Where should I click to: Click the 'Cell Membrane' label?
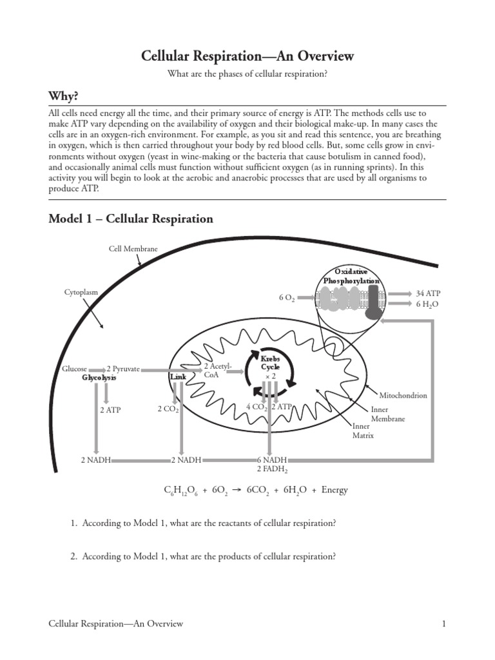[133, 249]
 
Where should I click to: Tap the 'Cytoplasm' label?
[81, 292]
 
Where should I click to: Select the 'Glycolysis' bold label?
[99, 378]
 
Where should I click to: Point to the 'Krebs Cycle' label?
[270, 363]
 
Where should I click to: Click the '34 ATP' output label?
[428, 293]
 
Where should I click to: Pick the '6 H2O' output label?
[427, 304]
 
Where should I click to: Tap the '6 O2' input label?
[287, 298]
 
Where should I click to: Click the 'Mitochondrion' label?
[403, 395]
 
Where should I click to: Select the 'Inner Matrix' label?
[363, 431]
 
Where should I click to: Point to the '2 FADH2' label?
[273, 469]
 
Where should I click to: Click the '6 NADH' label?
[272, 460]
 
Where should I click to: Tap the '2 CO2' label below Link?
[168, 409]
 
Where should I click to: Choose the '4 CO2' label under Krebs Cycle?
[257, 407]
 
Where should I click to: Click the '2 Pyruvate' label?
[123, 369]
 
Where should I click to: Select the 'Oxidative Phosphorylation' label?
[351, 276]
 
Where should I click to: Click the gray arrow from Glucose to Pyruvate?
[97, 370]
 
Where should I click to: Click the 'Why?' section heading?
[63, 97]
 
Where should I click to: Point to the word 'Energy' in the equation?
[335, 490]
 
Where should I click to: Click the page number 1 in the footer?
[443, 624]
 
